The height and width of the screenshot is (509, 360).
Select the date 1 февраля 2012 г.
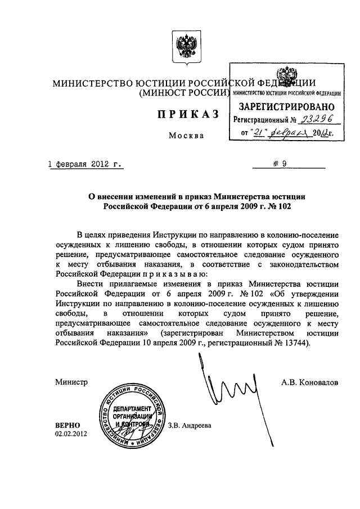(85, 165)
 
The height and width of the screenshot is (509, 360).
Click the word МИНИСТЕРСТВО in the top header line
(92, 83)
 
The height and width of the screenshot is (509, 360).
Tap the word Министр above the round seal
(71, 382)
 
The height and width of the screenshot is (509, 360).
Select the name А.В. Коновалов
(310, 382)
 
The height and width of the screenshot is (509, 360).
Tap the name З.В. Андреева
(189, 425)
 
